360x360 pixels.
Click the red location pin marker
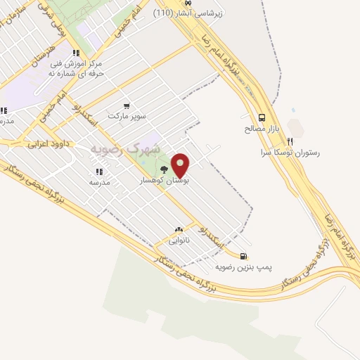181,165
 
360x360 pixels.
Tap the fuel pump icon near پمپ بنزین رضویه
243,257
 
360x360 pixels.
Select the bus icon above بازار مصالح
262,118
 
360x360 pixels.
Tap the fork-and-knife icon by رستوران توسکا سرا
288,140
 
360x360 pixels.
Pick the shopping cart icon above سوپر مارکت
126,105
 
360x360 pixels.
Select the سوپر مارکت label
127,115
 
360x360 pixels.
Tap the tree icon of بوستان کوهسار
164,169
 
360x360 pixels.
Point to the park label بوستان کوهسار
161,181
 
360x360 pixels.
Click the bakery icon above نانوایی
178,229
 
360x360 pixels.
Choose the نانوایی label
178,240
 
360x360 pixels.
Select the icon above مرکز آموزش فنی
75,51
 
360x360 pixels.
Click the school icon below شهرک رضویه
98,171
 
